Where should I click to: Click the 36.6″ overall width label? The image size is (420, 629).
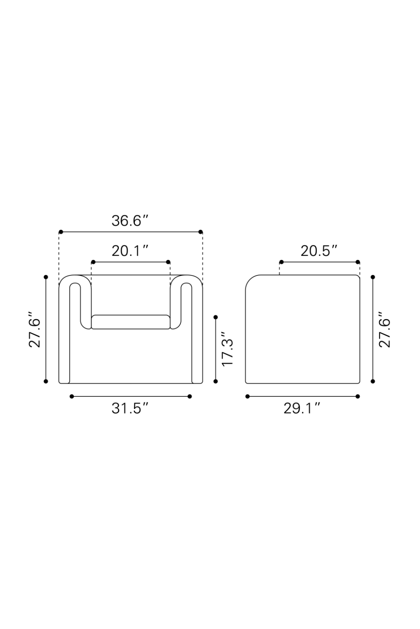(x=130, y=221)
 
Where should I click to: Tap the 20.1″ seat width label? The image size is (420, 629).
(x=130, y=251)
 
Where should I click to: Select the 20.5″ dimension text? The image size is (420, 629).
(x=319, y=251)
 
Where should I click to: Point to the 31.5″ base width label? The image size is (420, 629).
(x=130, y=408)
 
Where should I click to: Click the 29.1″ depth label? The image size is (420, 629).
(x=302, y=408)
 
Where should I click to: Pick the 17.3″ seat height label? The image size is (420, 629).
(x=228, y=349)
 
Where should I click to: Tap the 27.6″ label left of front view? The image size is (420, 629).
(x=35, y=329)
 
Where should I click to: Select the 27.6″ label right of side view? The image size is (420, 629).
(x=385, y=329)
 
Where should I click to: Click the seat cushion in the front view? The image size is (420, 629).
(x=131, y=322)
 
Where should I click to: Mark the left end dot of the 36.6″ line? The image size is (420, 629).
(x=61, y=232)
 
